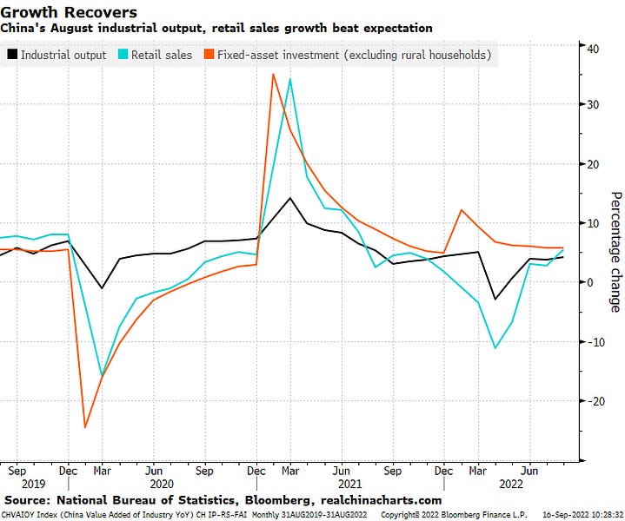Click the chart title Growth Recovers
(70, 12)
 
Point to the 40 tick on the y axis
(590, 48)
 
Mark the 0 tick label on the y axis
(588, 283)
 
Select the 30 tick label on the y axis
(590, 105)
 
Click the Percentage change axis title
(615, 252)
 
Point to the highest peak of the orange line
(274, 74)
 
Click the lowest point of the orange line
(85, 427)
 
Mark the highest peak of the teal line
(289, 79)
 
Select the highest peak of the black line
(289, 198)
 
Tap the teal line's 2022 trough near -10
(495, 348)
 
